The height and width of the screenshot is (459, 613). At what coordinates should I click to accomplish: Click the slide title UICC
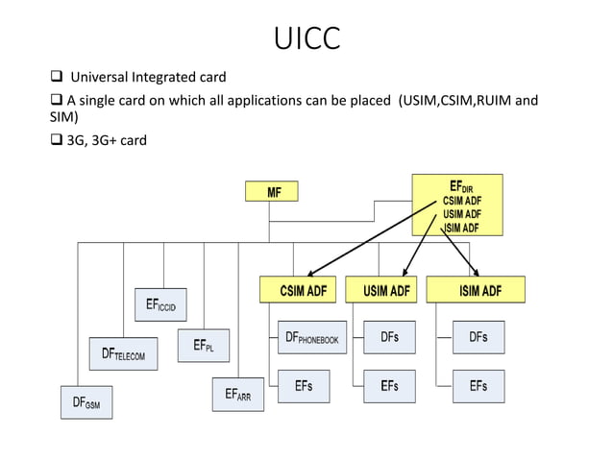pos(306,39)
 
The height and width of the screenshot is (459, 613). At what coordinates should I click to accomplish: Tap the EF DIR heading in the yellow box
pos(460,185)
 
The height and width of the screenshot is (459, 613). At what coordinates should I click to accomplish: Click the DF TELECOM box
pos(123,353)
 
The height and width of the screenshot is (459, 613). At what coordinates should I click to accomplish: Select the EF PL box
pos(203,346)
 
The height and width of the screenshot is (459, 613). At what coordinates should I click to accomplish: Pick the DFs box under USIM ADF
pos(389,337)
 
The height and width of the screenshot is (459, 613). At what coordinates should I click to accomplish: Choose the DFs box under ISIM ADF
pos(478,337)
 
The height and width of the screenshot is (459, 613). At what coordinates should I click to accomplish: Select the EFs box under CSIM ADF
pos(303,386)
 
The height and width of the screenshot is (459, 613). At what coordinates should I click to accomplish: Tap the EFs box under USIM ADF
pos(389,386)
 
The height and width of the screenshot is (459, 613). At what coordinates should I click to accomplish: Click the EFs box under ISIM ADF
pos(478,386)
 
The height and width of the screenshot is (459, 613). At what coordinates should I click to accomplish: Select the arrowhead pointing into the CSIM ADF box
pos(313,273)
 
